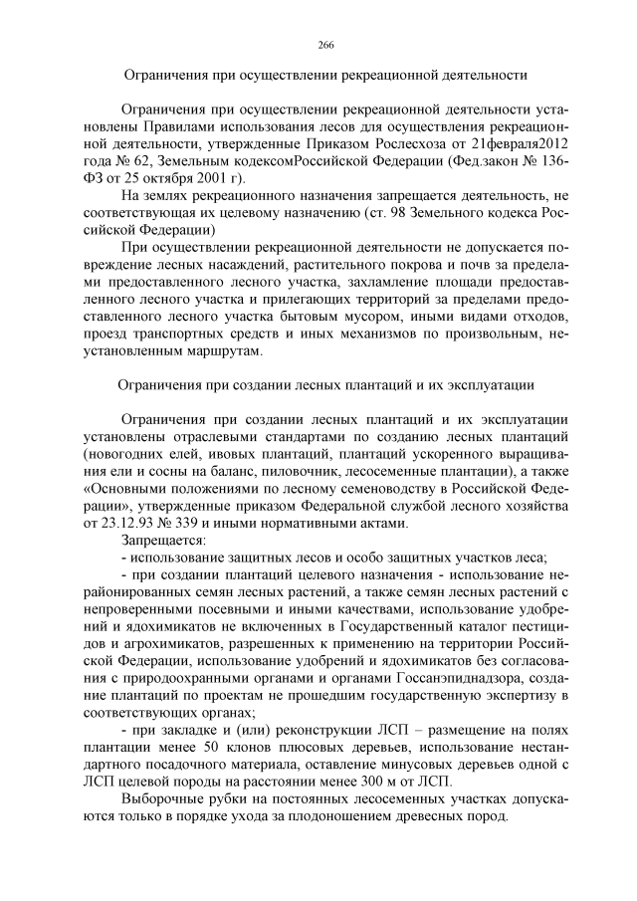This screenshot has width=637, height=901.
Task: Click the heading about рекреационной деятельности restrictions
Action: (324, 75)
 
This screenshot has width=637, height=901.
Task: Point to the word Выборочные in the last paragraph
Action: (164, 799)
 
